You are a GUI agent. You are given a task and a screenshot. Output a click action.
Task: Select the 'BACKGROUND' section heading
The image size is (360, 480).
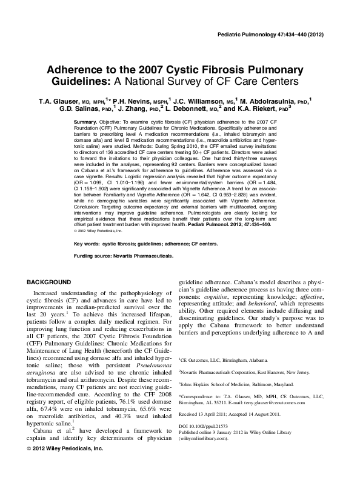[x=50, y=283]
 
